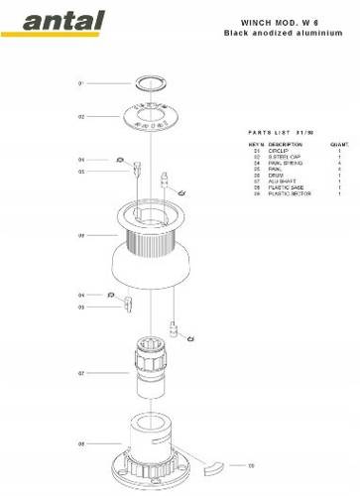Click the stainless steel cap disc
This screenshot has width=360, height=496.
151,117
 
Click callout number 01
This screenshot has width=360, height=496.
81,83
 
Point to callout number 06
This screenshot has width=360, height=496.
81,236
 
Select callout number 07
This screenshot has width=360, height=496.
81,374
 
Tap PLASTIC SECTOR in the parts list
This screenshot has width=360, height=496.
289,193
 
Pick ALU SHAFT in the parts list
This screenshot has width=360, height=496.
282,182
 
